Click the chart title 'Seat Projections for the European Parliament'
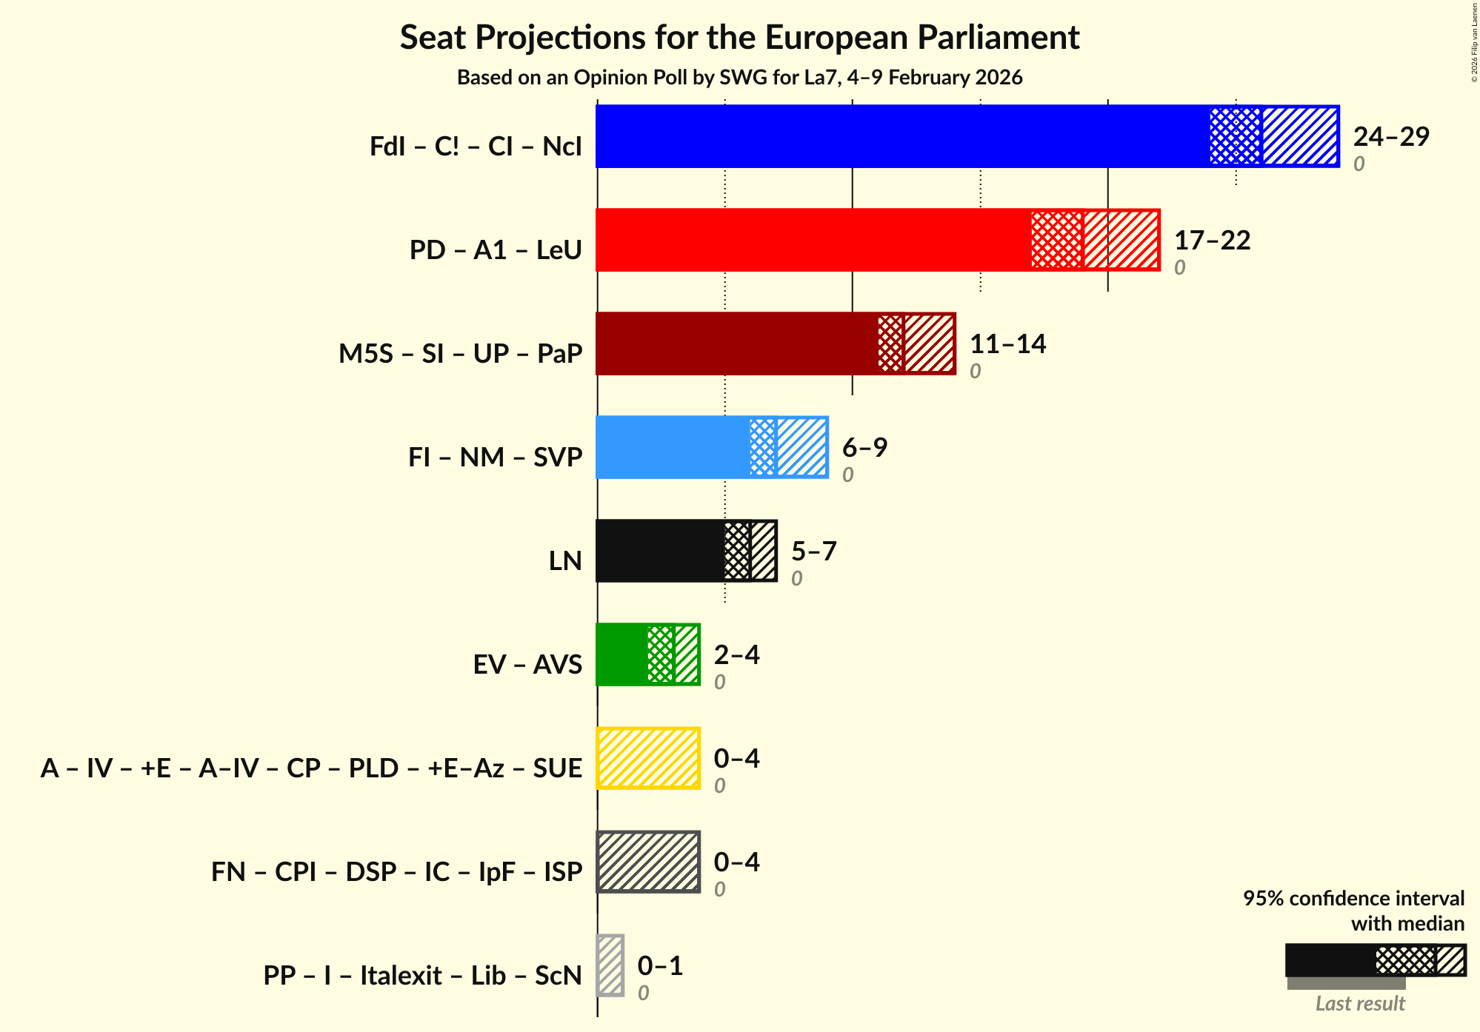739,37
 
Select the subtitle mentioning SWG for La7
739,78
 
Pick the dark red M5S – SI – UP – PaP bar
775,344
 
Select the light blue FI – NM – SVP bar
711,447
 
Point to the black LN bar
686,551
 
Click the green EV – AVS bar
647,654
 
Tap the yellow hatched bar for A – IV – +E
647,758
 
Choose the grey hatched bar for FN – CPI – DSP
647,862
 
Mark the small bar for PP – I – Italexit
610,965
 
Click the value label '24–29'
1390,137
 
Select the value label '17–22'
1212,241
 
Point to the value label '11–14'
1007,344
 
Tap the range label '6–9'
864,448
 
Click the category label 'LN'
565,561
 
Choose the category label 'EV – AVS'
527,665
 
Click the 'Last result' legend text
1360,1004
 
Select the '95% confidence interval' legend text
1353,899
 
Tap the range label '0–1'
660,966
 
